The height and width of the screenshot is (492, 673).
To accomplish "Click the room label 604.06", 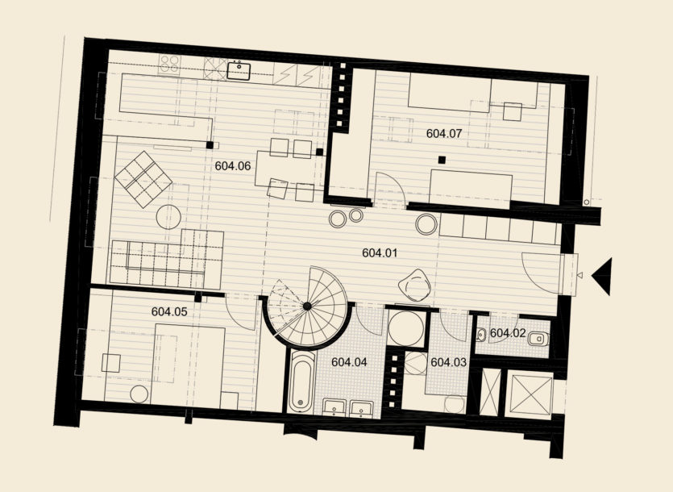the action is [233, 166].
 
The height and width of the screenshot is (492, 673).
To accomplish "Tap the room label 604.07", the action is [444, 133].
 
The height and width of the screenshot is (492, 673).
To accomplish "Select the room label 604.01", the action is [380, 252].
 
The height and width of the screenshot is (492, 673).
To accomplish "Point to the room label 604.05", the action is [169, 311].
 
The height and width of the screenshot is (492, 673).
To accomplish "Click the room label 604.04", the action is [349, 362].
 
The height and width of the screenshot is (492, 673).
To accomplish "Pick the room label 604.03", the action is [448, 362].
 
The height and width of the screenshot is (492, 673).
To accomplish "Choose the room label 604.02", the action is [508, 333].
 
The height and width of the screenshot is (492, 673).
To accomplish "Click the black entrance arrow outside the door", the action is [602, 277].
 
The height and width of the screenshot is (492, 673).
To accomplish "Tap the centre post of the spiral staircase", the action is [307, 306].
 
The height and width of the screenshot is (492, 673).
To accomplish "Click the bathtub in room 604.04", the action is [301, 381].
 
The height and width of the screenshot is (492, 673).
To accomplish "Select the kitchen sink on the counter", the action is [239, 70].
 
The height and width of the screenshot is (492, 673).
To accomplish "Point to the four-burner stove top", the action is [169, 65].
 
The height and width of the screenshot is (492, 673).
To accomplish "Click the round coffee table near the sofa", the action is [168, 217].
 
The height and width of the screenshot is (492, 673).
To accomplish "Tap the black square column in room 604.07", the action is [442, 161].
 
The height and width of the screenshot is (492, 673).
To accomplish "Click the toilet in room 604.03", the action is [455, 404].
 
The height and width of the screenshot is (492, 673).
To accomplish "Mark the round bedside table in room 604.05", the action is [139, 394].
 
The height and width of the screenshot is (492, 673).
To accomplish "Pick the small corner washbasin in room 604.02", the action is [481, 334].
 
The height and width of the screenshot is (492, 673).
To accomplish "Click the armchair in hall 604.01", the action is [414, 285].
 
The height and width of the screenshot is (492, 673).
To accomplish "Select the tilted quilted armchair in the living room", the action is [143, 179].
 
